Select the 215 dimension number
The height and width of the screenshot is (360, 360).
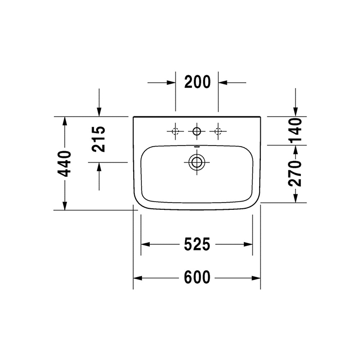point(99,139)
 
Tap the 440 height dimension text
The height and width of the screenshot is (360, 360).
point(65,164)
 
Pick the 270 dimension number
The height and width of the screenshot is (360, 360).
point(295,173)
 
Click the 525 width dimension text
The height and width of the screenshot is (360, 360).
point(196,245)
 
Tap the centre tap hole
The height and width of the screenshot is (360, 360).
point(196,132)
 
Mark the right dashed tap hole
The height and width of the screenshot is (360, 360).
point(218,132)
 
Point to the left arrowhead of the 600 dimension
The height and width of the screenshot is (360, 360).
point(137,278)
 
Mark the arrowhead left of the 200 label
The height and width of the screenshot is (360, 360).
point(172,82)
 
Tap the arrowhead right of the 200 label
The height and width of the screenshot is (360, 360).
point(222,82)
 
